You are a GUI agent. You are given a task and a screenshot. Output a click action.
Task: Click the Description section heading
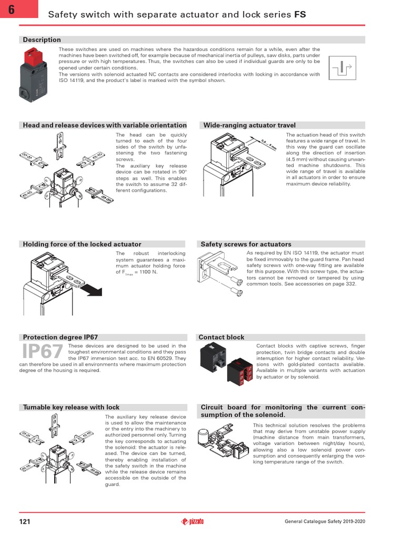[42, 40]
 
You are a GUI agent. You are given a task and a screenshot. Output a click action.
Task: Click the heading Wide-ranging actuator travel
[249, 126]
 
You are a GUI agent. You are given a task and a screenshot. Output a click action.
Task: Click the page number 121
[25, 521]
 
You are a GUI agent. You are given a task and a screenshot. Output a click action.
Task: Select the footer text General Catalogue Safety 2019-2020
[325, 521]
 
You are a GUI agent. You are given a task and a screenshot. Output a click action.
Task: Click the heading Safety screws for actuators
[246, 244]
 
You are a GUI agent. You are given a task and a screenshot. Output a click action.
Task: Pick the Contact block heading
[221, 337]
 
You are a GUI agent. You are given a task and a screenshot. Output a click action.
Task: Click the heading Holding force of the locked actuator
[82, 244]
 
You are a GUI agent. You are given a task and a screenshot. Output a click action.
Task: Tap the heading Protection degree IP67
[60, 337]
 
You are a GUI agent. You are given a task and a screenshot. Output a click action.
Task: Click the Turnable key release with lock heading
[71, 407]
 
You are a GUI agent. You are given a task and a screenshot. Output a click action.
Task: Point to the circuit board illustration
[221, 441]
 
